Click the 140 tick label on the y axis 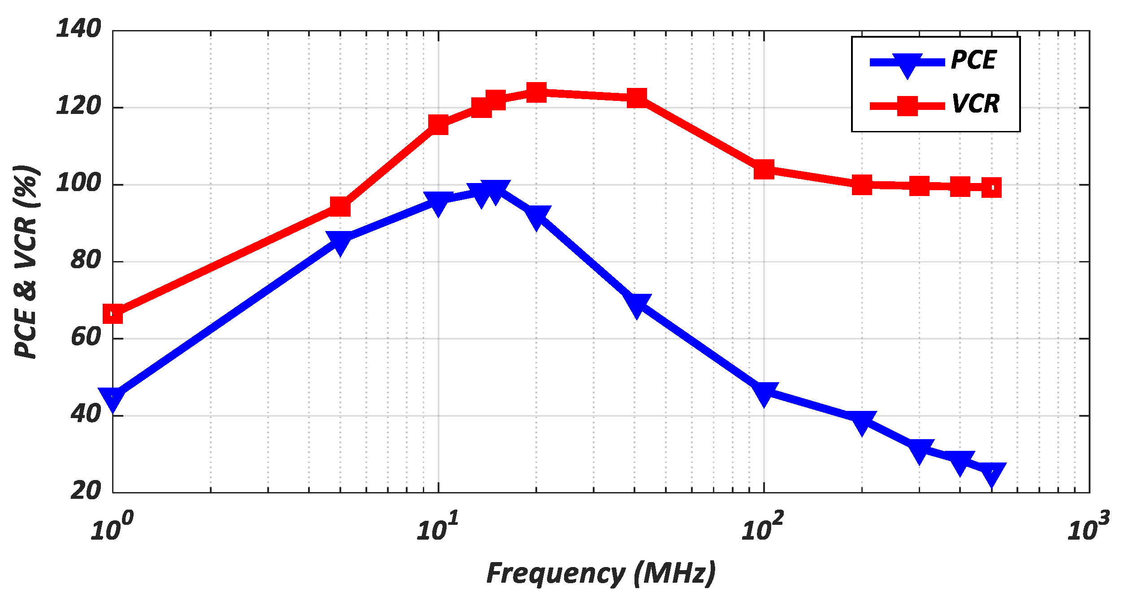tap(78, 29)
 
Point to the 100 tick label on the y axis tap(78, 183)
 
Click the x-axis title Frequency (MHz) tap(601, 574)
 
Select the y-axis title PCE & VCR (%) tap(26, 262)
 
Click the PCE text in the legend tap(973, 60)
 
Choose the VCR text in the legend tap(975, 104)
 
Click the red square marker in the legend tap(907, 106)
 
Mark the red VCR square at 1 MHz tap(113, 314)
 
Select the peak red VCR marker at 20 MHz tap(536, 92)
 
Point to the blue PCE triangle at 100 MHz tap(764, 393)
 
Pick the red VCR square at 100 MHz tap(764, 170)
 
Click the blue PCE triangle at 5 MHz tap(340, 242)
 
